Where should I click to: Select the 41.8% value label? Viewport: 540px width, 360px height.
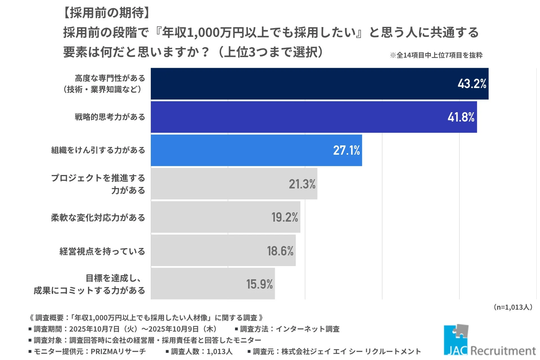pyautogui.click(x=461, y=117)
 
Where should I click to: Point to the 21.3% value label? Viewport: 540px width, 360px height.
pyautogui.click(x=302, y=184)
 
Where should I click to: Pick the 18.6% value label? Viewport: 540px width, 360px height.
pyautogui.click(x=280, y=251)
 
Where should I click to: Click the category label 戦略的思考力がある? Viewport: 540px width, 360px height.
pyautogui.click(x=110, y=117)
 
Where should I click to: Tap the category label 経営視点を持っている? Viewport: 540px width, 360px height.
pyautogui.click(x=102, y=251)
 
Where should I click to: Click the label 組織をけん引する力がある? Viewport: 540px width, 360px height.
pyautogui.click(x=98, y=150)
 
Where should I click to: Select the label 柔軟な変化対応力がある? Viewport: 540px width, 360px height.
pyautogui.click(x=98, y=217)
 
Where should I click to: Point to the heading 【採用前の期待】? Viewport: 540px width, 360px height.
pyautogui.click(x=107, y=13)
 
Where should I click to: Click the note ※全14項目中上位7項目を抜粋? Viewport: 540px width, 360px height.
pyautogui.click(x=436, y=55)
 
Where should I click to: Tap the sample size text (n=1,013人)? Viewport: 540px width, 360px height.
pyautogui.click(x=513, y=307)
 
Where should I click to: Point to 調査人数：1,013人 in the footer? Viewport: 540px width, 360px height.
pyautogui.click(x=202, y=351)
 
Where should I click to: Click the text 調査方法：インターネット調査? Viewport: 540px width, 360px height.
pyautogui.click(x=290, y=329)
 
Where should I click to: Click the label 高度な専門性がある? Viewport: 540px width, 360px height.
pyautogui.click(x=110, y=78)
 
